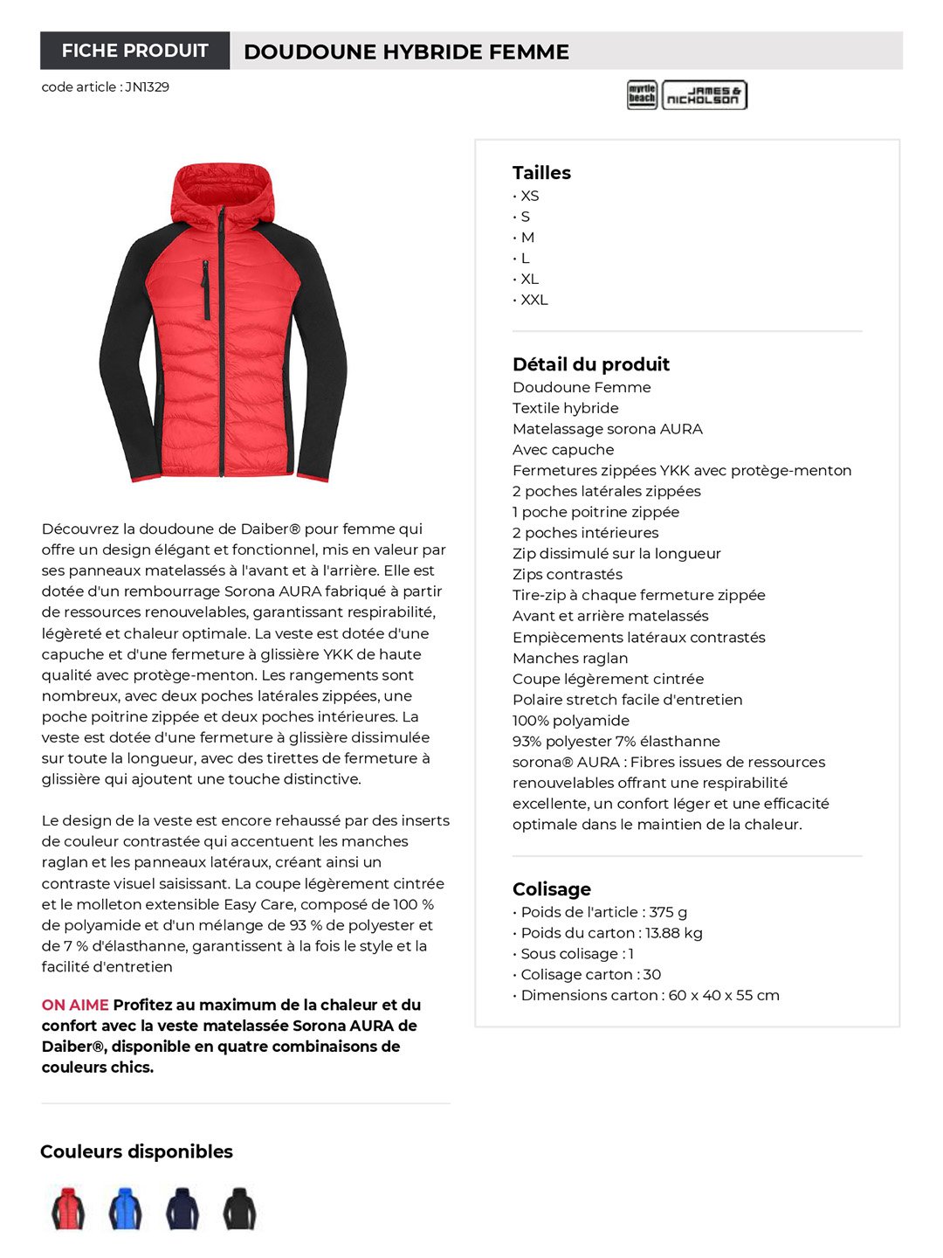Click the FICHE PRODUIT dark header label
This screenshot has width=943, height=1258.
pos(134,51)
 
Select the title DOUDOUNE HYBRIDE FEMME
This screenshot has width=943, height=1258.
pos(406,52)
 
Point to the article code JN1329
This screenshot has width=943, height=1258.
pos(147,87)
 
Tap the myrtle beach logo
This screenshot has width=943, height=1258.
pos(642,94)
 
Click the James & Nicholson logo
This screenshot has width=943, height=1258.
pos(704,94)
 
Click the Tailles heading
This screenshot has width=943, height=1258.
pos(541,173)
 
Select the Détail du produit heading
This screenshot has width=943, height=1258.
pos(590,364)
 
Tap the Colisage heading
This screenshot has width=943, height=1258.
pos(551,889)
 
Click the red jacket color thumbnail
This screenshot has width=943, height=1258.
pos(68,1209)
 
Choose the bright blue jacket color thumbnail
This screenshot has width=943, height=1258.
pos(125,1209)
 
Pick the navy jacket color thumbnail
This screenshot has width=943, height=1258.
pos(182,1209)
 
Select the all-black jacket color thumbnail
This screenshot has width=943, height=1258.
pos(239,1209)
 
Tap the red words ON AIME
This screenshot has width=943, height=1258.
pos(75,1005)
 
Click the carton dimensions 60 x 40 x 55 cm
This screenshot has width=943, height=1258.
pos(724,995)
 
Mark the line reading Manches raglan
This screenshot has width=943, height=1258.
pos(570,658)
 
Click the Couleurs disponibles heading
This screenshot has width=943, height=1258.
pos(136,1151)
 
